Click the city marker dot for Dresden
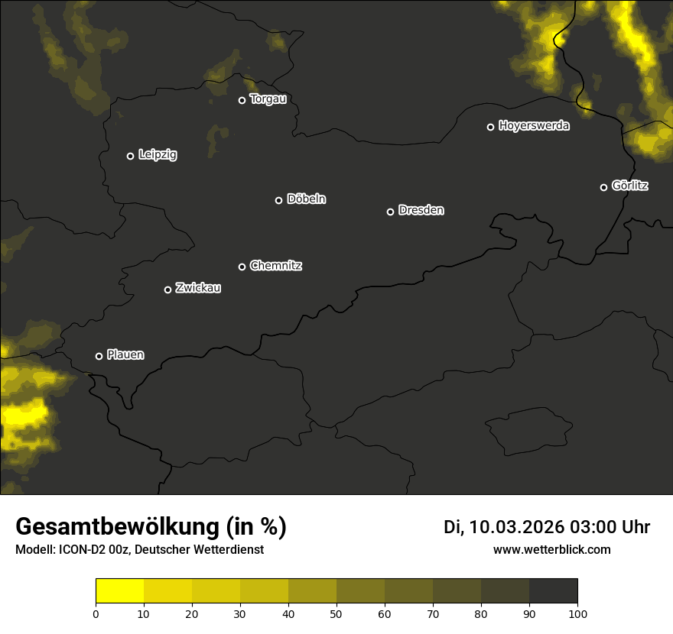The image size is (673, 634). point(390,212)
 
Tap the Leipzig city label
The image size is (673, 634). point(158,155)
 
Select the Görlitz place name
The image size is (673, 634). point(630,186)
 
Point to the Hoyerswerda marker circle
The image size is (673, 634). point(491,127)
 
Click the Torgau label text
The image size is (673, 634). point(268,99)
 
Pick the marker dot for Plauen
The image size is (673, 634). point(99,356)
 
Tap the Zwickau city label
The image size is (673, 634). point(198,288)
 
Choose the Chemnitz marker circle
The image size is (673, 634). point(242,267)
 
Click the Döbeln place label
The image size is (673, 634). point(306,199)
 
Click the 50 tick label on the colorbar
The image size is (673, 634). point(336,613)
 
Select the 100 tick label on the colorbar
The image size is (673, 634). point(577,613)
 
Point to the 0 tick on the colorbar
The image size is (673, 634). point(96,613)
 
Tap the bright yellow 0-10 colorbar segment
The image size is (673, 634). point(120,591)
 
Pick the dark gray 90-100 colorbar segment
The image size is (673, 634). point(553,591)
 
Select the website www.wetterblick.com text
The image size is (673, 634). point(552,549)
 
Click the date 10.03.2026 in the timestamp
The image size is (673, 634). point(516,527)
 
